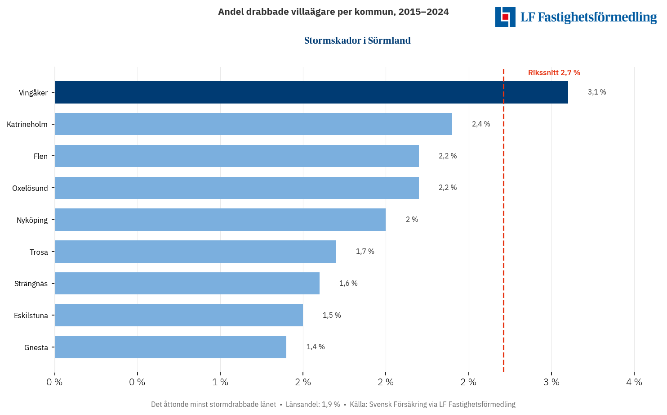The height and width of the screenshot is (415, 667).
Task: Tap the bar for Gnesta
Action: [170, 347]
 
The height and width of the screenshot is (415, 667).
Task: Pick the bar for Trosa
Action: [195, 252]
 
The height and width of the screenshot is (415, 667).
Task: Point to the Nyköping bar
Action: [220, 220]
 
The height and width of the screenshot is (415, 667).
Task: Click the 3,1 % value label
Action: [596, 92]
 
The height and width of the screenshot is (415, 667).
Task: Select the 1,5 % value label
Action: [332, 316]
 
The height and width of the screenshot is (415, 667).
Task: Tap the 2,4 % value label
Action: [480, 124]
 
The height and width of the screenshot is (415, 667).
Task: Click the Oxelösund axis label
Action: [30, 188]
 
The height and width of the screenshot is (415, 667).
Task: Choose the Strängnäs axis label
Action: [31, 284]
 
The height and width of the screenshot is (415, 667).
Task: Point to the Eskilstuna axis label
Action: [31, 316]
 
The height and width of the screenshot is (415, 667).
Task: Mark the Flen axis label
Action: [40, 156]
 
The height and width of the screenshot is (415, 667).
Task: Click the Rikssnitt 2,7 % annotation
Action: [554, 72]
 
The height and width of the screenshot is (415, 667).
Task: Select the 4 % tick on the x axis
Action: [634, 382]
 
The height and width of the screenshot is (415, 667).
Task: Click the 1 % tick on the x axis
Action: [220, 382]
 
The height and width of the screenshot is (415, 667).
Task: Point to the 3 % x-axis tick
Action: [551, 382]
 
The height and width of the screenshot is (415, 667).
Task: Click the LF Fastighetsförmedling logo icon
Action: [505, 17]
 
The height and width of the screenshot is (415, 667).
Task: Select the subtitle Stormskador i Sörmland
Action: [357, 41]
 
